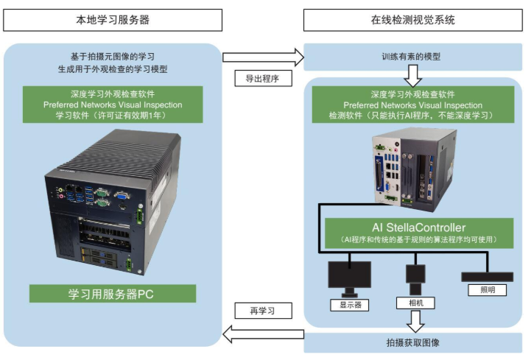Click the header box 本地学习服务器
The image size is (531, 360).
113,20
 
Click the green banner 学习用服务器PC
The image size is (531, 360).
113,294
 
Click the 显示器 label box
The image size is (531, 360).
347,304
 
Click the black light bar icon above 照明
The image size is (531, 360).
487,275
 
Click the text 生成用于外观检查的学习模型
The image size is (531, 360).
113,70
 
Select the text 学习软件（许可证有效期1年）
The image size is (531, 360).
113,116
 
